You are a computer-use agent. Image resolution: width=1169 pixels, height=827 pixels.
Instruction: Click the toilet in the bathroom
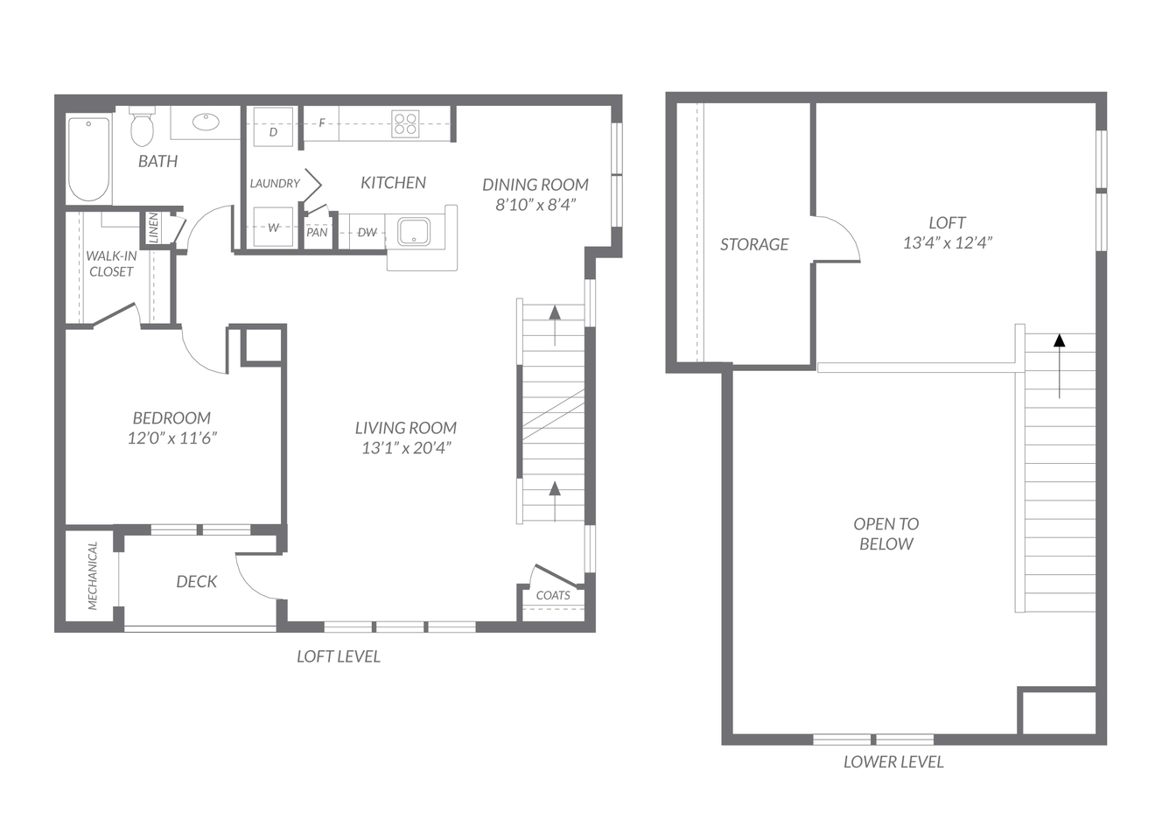pos(142,126)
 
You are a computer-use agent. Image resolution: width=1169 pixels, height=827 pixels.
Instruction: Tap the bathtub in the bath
pos(89,159)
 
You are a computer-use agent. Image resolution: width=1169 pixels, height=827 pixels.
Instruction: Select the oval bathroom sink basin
pos(206,123)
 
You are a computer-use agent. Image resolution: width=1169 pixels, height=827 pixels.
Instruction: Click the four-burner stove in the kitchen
pos(405,123)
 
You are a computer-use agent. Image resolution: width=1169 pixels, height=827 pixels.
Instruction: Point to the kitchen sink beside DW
pos(414,232)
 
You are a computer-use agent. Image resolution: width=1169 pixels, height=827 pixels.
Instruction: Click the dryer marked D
pos(273,126)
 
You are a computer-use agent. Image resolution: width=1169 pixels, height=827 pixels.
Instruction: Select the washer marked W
pos(273,228)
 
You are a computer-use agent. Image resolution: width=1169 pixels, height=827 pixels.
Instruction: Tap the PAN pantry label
pos(317,232)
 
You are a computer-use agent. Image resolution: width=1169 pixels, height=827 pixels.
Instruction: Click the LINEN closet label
pos(153,228)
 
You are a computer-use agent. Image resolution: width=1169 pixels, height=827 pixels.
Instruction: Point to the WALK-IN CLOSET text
pos(111,263)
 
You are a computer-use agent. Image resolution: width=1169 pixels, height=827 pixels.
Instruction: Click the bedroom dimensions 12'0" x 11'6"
pos(172,438)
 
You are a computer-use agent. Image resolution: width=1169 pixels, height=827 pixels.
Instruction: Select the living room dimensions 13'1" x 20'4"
pos(406,448)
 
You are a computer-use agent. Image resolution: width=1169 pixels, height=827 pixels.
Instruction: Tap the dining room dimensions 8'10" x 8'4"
pos(535,204)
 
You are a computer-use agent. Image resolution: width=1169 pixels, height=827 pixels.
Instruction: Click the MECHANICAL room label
pos(93,576)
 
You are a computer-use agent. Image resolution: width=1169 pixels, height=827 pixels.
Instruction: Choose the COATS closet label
pos(553,595)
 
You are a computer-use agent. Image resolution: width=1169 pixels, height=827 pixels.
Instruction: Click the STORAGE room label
pos(754,244)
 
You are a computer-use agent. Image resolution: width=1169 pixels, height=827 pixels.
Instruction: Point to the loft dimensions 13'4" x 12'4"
pos(948,242)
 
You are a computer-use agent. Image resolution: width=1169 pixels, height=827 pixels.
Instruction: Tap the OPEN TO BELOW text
pos(886,534)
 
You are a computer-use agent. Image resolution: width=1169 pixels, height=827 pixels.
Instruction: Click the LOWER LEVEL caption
pos(893,761)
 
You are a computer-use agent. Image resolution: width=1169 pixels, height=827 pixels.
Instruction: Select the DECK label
pos(196,582)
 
